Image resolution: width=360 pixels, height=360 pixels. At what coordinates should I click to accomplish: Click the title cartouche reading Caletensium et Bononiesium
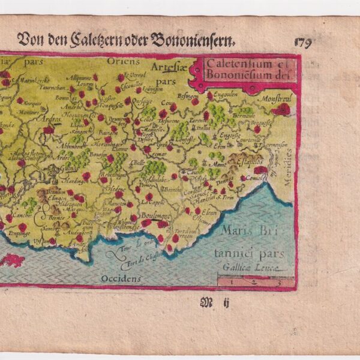(x=244, y=70)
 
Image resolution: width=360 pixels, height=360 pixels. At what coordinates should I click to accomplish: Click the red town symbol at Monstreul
(x=280, y=109)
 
